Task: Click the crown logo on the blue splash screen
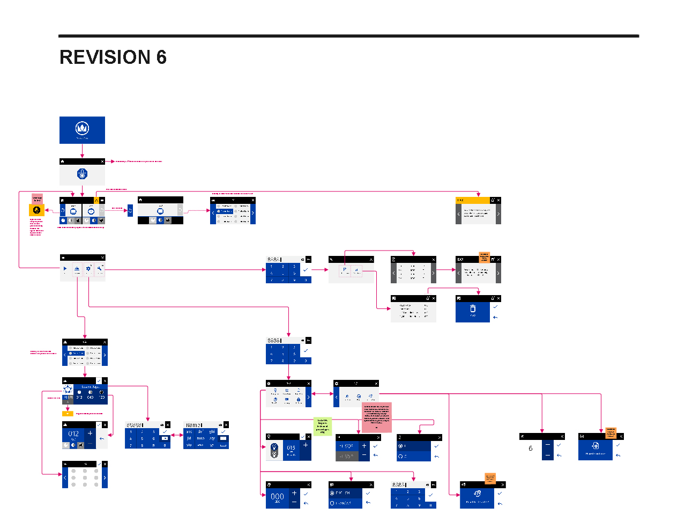[x=82, y=128]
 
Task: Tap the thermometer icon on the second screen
[x=82, y=174]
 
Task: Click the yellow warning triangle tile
[x=96, y=200]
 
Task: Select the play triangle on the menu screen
[x=65, y=268]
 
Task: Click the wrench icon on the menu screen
[x=100, y=268]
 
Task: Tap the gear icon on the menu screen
[x=88, y=269]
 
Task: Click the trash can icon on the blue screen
[x=472, y=309]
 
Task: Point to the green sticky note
[x=322, y=427]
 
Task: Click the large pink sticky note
[x=377, y=417]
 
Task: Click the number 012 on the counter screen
[x=73, y=434]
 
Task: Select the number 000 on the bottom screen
[x=277, y=497]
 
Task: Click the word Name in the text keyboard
[x=192, y=425]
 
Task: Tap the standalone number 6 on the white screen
[x=531, y=449]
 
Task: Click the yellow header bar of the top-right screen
[x=472, y=200]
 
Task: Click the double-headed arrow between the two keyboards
[x=177, y=435]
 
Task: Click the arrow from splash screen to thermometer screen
[x=82, y=151]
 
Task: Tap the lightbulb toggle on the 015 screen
[x=274, y=451]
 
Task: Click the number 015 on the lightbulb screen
[x=291, y=447]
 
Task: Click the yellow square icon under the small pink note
[x=36, y=210]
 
